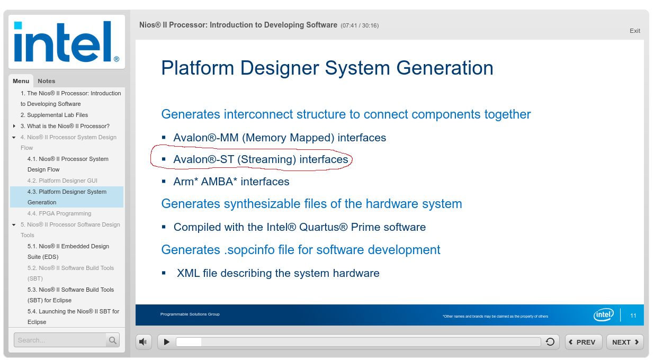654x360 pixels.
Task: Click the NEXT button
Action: [625, 342]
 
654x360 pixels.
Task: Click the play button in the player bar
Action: [167, 342]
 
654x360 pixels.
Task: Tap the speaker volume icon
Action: [144, 342]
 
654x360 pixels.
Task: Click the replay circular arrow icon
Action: [550, 342]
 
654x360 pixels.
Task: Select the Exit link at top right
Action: [635, 31]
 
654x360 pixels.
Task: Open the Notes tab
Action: [47, 81]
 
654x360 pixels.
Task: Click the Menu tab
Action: [21, 81]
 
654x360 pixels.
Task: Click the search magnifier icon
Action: [113, 340]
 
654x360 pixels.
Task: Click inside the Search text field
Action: [59, 340]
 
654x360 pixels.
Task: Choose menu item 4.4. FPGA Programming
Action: [59, 213]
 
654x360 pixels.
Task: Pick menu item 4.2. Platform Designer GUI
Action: [62, 181]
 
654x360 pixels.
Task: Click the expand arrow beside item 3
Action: [14, 126]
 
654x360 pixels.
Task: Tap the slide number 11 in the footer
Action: [633, 316]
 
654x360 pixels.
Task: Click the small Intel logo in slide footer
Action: [604, 315]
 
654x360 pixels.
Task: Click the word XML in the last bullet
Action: [188, 274]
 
